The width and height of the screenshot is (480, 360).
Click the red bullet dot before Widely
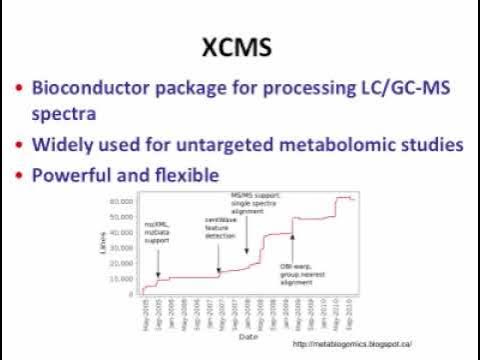18,145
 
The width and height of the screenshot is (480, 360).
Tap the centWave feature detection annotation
221,228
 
